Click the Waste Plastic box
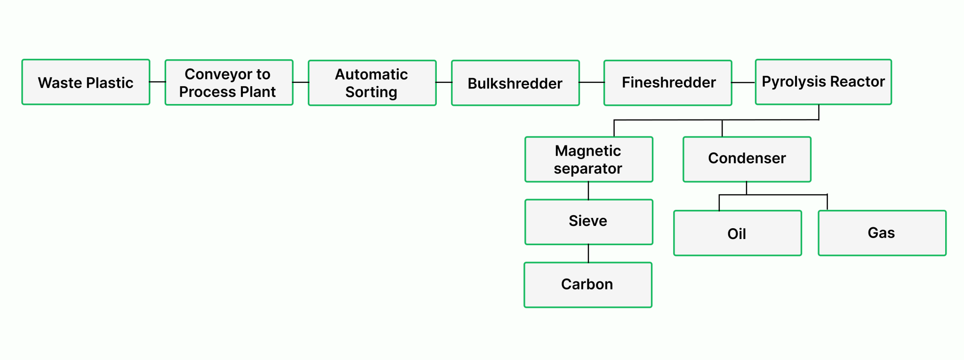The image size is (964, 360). coord(86,82)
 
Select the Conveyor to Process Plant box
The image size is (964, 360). coord(229,83)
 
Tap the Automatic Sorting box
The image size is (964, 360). coord(372,83)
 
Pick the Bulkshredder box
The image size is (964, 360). coord(515,83)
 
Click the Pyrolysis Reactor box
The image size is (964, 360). coord(823,82)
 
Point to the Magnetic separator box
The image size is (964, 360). coord(588,160)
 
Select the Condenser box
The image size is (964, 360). coord(747,159)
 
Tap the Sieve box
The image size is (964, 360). coord(588,222)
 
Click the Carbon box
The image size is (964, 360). coord(588,285)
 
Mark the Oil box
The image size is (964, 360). coord(737,233)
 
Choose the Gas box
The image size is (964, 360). coord(882,233)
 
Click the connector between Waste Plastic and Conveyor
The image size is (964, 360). coord(157,82)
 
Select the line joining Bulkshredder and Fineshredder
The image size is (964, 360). coord(591,82)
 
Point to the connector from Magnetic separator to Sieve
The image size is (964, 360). coord(588,191)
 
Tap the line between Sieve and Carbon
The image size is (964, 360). coord(588,253)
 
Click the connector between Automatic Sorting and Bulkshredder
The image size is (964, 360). coord(443,82)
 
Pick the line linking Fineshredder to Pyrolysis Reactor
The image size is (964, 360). coord(743,82)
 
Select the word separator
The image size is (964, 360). coord(588,168)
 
